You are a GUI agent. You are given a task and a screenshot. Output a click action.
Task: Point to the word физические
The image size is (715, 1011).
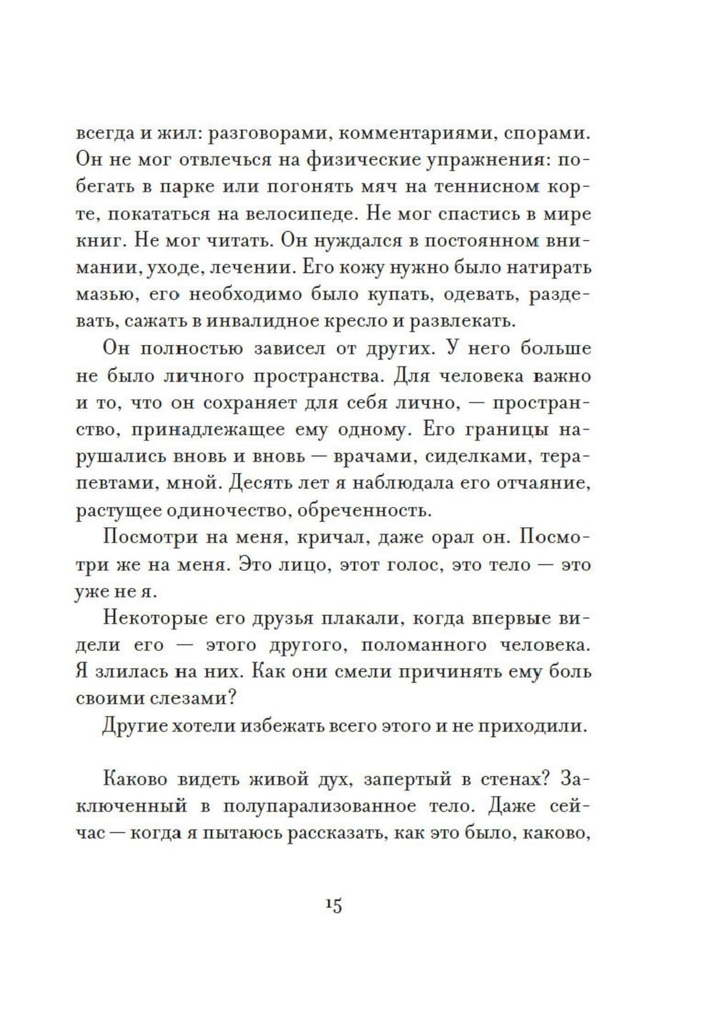tap(345, 161)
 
